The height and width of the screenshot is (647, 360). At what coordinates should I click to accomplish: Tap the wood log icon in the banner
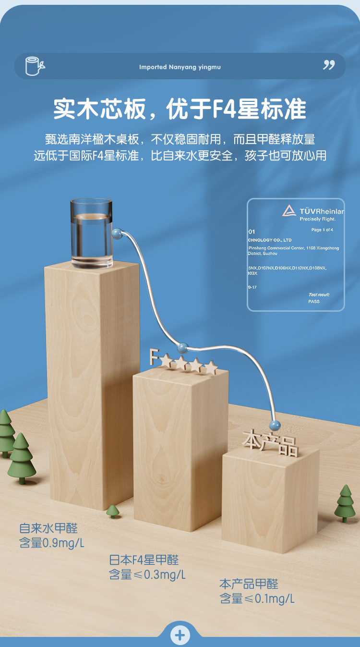pos(34,66)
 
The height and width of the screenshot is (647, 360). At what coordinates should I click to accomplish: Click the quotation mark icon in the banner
pos(329,65)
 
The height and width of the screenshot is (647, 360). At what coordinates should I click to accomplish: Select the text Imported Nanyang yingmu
pos(180,67)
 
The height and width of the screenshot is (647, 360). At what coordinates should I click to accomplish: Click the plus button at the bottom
pos(180,635)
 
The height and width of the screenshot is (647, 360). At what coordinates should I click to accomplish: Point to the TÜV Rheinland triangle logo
pos(289,211)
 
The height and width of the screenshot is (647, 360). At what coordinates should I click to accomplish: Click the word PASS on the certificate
pos(314,302)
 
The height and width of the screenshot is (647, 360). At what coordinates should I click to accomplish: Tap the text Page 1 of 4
pos(322,230)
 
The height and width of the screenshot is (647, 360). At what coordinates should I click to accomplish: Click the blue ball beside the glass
pos(116,233)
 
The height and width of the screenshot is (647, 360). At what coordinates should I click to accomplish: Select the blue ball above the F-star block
pos(182,347)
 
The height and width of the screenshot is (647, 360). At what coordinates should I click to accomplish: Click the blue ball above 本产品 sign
pos(275,425)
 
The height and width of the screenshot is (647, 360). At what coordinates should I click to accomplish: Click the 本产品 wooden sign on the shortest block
pos(270,442)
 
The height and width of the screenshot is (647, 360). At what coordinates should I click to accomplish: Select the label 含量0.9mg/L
pos(52,543)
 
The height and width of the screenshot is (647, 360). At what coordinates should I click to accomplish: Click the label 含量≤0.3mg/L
pos(147,574)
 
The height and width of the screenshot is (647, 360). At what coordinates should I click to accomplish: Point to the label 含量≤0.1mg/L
pos(257,598)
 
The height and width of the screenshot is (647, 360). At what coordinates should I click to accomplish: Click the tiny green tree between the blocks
pos(113,511)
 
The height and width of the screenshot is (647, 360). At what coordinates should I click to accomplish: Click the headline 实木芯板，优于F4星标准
pos(180,109)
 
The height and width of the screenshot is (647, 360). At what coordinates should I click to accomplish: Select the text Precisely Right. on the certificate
pos(317,219)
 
